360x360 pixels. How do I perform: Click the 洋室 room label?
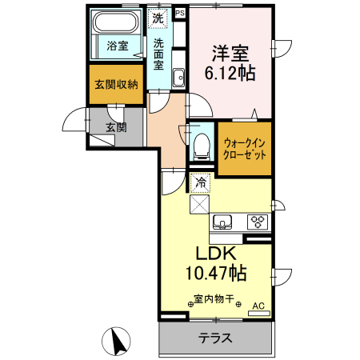(229, 54)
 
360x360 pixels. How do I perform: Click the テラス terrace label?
(216, 338)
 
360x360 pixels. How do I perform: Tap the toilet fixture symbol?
(201, 146)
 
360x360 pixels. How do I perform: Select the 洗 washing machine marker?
(158, 18)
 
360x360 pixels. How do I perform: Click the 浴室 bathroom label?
(118, 46)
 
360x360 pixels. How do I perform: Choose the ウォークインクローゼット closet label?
(245, 148)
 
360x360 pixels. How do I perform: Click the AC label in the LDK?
(258, 306)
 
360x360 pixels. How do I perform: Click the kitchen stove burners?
(258, 222)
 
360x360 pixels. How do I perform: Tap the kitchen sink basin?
(222, 221)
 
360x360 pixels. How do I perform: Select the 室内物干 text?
(214, 301)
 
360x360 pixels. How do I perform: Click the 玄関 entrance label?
(116, 126)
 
